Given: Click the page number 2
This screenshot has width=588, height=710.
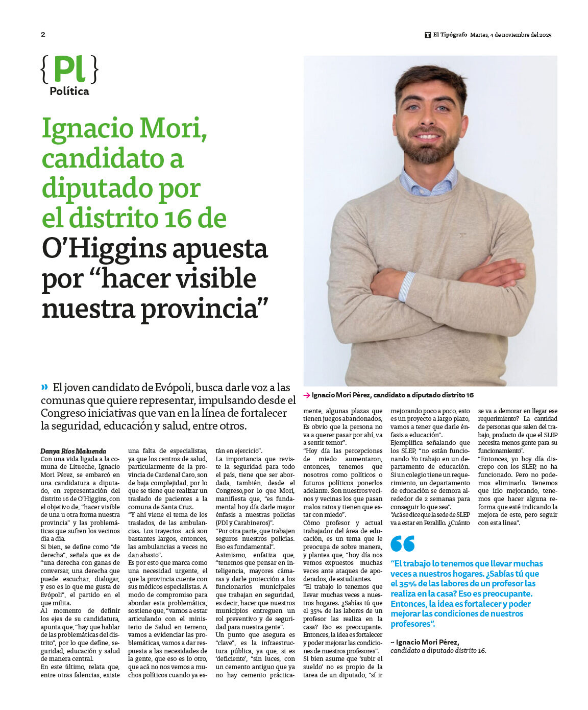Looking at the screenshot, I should point(43,35).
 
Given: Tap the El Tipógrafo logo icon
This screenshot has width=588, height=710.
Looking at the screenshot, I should point(428,35).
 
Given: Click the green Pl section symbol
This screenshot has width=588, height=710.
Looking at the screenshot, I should point(69,69).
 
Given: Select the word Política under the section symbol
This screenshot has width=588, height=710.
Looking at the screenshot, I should point(69,91).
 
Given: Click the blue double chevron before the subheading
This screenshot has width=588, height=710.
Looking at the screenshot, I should point(45,387).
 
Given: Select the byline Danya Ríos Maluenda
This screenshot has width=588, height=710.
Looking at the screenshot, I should point(73,451).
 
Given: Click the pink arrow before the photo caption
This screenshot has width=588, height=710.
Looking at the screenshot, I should point(307,395).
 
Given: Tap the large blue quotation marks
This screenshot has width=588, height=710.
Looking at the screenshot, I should point(402,543).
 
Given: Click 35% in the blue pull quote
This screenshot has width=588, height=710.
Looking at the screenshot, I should point(408,583).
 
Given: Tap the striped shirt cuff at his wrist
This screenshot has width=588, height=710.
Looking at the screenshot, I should point(407,286).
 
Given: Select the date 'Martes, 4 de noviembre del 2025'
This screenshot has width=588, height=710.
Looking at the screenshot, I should point(510,35).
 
